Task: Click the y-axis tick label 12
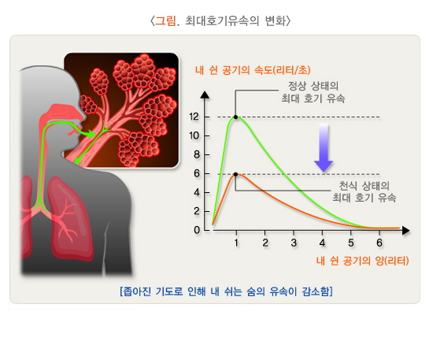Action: (194, 117)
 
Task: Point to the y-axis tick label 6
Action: (197, 174)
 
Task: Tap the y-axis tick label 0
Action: (197, 230)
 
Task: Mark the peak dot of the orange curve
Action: (236, 174)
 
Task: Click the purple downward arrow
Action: (322, 147)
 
